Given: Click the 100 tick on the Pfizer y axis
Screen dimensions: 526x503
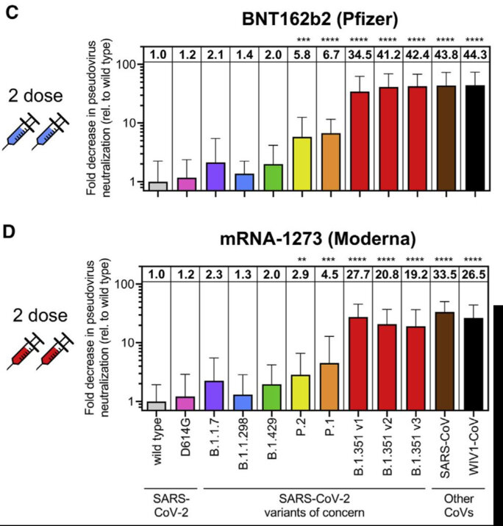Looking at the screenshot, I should (x=131, y=64).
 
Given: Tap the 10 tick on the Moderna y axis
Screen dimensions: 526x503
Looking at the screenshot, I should (x=133, y=343).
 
